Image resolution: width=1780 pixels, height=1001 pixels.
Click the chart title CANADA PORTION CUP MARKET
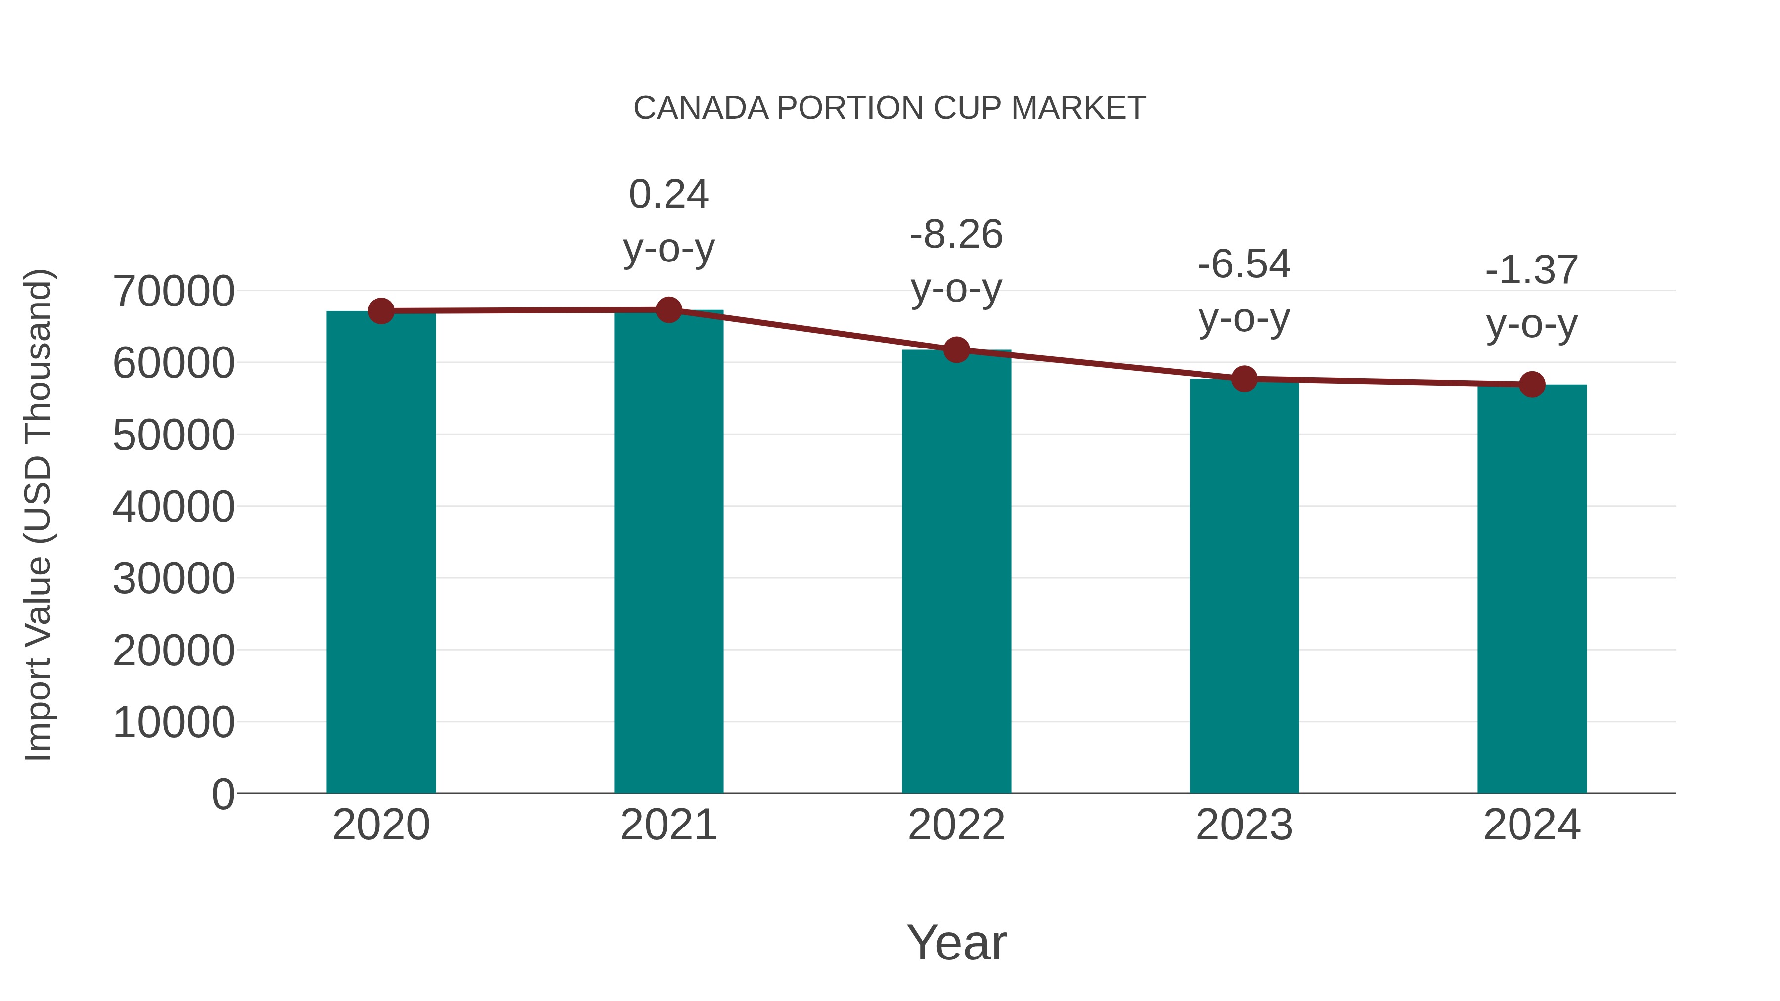click(890, 108)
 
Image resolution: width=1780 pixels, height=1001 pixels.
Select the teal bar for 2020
click(381, 553)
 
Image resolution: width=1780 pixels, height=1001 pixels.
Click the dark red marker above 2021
click(668, 310)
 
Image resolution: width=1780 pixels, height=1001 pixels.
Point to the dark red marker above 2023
click(1244, 379)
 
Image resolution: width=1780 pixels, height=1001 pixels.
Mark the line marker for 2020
click(381, 311)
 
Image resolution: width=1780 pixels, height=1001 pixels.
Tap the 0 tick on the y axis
click(223, 794)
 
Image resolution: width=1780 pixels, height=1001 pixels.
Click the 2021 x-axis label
click(668, 825)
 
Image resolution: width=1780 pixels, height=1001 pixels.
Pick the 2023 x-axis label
click(1244, 825)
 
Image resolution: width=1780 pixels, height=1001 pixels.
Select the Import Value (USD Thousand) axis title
click(38, 515)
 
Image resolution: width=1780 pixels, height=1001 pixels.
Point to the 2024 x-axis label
click(1531, 825)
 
